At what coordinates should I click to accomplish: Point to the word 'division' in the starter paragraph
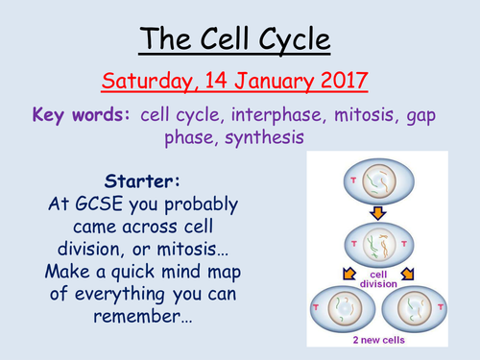point(93,249)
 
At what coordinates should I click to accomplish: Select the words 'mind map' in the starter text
point(204,270)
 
